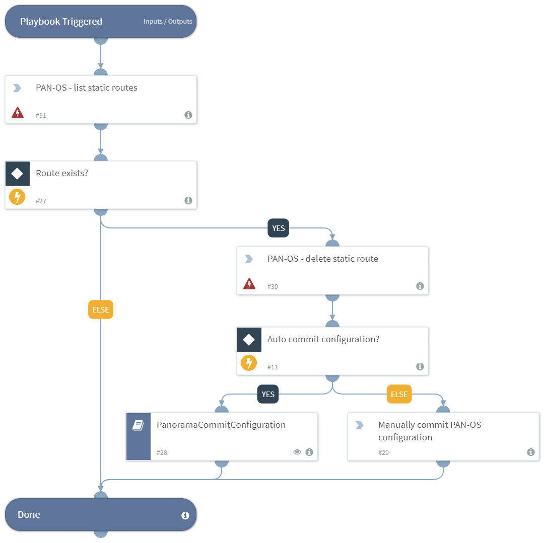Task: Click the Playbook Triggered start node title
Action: point(61,22)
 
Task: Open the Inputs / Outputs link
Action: point(168,22)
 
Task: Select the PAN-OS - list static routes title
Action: point(86,88)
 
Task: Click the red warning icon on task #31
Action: point(17,113)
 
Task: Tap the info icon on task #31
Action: point(188,115)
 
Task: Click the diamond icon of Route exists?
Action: point(17,174)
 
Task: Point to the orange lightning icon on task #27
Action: point(17,197)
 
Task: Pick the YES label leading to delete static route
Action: point(278,228)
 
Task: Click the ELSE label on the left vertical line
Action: point(101,309)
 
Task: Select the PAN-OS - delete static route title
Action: point(322,259)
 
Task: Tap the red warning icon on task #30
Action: point(249,284)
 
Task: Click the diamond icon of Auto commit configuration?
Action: point(249,340)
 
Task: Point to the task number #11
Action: point(273,367)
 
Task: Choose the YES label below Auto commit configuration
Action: point(268,394)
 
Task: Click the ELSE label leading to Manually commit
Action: point(399,394)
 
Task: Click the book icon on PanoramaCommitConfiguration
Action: point(138,425)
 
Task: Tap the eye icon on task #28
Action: point(297,452)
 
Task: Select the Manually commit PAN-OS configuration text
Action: point(429,431)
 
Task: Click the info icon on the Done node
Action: point(185,515)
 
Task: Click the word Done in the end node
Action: point(29,515)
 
